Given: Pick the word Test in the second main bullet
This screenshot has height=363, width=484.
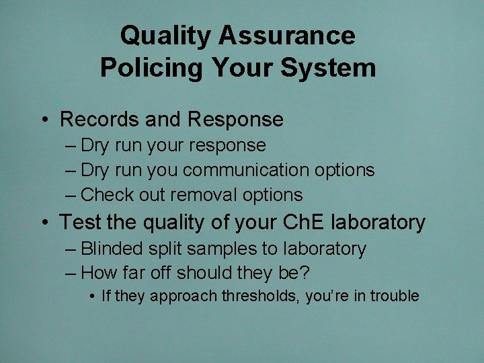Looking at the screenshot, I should click(x=79, y=222).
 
